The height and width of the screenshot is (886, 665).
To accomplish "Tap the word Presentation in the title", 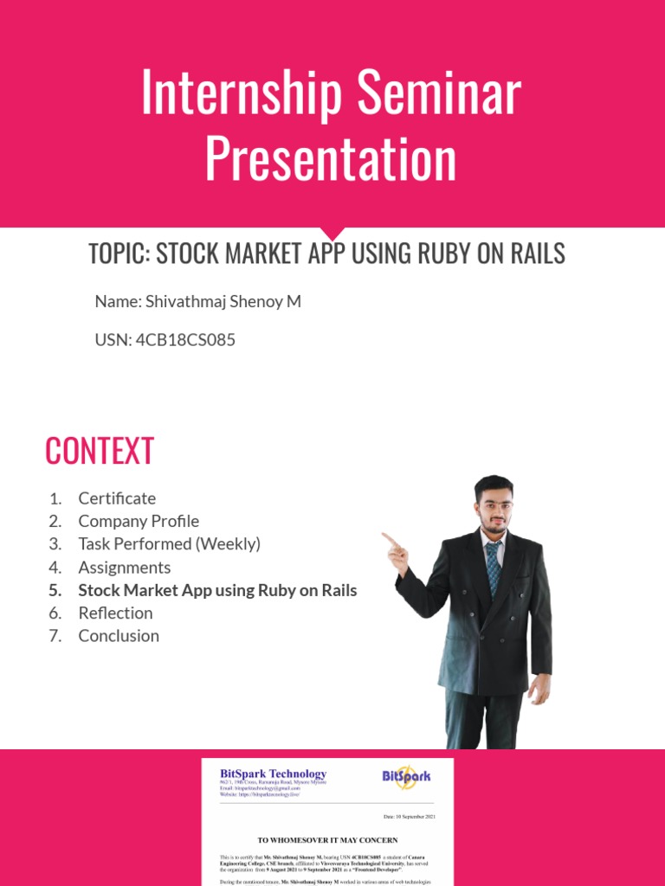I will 331,159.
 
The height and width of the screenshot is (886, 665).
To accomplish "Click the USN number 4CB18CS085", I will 185,340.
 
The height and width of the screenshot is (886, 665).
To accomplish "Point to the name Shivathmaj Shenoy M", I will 223,302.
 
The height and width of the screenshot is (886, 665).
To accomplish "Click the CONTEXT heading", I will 100,451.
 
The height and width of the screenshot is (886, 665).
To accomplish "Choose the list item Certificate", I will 117,498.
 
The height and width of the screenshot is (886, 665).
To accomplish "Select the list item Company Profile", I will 139,521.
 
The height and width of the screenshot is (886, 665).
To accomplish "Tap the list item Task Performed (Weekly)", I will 169,544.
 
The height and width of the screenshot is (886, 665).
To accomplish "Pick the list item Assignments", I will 124,568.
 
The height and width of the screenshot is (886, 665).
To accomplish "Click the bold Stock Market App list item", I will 217,590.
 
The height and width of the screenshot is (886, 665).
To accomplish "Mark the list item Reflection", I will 115,613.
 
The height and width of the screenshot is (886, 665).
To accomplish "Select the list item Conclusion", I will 119,636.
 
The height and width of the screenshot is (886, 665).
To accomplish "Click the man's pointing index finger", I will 388,538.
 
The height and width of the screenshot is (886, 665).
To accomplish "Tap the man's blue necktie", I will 493,564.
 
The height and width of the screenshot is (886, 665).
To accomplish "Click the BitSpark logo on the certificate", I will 406,776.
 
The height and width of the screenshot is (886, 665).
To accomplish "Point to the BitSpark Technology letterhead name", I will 274,774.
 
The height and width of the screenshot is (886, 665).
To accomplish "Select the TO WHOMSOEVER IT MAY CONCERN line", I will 327,839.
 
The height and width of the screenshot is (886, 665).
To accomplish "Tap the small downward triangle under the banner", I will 332,234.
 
